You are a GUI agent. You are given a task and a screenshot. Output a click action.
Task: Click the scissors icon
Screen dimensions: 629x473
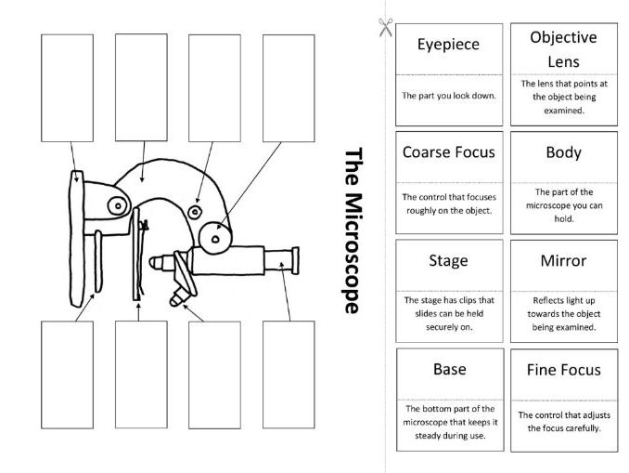(386, 27)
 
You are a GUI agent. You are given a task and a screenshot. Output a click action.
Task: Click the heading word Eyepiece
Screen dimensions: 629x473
(448, 45)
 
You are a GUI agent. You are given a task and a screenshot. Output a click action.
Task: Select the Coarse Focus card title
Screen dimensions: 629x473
(448, 151)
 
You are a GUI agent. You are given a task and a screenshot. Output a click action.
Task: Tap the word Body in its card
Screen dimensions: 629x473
(564, 152)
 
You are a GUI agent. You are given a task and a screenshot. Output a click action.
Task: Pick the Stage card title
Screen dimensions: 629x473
(448, 261)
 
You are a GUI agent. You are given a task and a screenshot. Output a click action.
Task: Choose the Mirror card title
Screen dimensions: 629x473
(564, 261)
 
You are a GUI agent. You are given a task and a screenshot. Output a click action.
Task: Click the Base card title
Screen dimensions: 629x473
(450, 369)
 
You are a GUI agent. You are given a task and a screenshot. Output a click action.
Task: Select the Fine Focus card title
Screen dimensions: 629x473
(564, 370)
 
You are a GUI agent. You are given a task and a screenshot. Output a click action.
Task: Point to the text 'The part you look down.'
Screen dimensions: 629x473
(449, 96)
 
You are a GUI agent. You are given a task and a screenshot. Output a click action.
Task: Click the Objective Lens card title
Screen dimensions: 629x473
(564, 49)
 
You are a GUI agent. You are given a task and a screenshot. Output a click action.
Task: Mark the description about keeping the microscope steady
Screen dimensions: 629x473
(450, 422)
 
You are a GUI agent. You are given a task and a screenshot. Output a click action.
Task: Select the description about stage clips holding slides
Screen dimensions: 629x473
(449, 313)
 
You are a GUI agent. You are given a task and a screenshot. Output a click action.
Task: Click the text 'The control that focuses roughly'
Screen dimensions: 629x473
(449, 204)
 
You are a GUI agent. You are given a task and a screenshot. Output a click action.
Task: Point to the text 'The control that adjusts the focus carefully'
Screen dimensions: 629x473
(564, 422)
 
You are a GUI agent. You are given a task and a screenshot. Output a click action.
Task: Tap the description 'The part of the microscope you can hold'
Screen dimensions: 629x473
(564, 205)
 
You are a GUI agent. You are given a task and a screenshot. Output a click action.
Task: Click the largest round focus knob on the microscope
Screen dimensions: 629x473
(215, 238)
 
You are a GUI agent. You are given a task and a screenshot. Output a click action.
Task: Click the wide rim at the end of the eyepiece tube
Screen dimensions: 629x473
(295, 261)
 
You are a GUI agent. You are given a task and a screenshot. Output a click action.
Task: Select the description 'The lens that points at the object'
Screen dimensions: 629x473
(564, 97)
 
